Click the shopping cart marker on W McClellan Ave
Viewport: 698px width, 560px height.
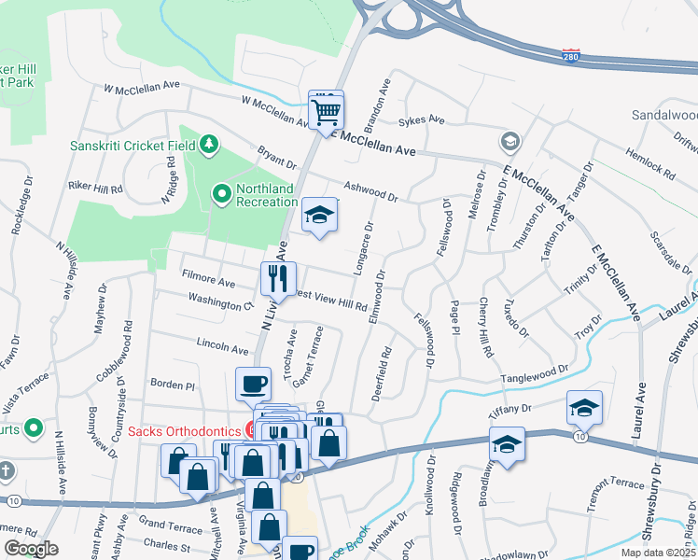(327, 112)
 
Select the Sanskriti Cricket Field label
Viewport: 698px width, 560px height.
(133, 146)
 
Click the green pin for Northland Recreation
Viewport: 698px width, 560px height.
(222, 194)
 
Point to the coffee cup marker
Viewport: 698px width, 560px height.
(254, 384)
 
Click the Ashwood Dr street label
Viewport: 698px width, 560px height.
(370, 191)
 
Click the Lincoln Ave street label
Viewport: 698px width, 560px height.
(222, 345)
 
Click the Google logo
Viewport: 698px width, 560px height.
(31, 549)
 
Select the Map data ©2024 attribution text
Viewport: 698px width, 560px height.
(657, 553)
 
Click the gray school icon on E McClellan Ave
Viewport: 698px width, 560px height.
(510, 141)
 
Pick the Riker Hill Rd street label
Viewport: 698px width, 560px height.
(96, 188)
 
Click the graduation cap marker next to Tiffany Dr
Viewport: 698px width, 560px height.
(584, 407)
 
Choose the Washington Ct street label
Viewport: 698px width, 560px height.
(220, 302)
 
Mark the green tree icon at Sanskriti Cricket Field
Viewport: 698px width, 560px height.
(211, 143)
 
